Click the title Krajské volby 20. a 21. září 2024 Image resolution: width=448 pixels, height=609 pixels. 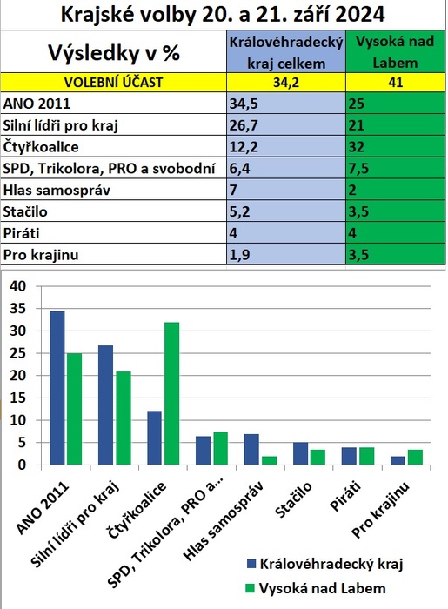(x=223, y=15)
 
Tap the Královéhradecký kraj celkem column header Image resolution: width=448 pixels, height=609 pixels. (x=286, y=52)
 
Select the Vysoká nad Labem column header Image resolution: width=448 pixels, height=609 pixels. (x=395, y=52)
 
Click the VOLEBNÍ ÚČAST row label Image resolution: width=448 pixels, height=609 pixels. (x=113, y=83)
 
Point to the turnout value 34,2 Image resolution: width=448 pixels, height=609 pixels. (x=286, y=83)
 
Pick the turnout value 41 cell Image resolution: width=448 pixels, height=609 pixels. (x=396, y=83)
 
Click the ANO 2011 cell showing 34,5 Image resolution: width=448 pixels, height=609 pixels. (x=286, y=104)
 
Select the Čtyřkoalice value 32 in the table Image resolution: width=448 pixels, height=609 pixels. (x=395, y=146)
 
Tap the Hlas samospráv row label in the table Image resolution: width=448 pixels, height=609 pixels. (x=57, y=190)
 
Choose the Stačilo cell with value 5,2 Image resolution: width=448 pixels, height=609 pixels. (x=286, y=211)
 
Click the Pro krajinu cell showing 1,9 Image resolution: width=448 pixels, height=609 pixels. (x=286, y=254)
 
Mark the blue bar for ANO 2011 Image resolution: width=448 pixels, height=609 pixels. (x=57, y=388)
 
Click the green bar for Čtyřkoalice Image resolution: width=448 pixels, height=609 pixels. (x=172, y=393)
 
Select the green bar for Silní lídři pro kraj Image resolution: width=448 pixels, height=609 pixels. (x=124, y=418)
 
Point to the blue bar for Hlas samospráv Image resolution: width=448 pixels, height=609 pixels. (x=251, y=449)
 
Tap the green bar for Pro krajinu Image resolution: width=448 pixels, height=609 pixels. (x=415, y=457)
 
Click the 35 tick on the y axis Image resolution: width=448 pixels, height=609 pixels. (x=18, y=309)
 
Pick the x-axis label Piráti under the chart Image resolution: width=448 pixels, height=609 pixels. (x=345, y=496)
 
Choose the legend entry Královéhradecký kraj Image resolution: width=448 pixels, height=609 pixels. (x=325, y=564)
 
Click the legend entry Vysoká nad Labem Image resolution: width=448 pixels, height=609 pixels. (x=316, y=588)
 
